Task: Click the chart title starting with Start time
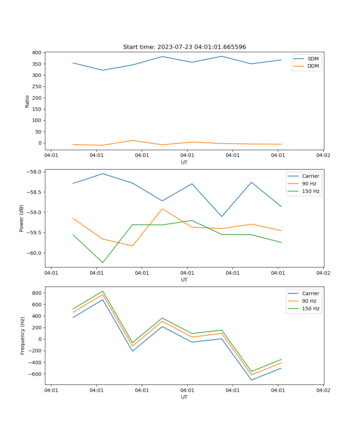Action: [x=184, y=47]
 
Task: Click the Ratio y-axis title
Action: [x=27, y=101]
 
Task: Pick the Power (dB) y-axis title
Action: [x=22, y=218]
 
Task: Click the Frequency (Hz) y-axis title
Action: [x=23, y=336]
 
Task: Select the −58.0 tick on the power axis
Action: [x=35, y=172]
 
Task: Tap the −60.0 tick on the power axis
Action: [x=35, y=253]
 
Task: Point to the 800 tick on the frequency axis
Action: [x=37, y=293]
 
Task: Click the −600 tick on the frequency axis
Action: [x=36, y=374]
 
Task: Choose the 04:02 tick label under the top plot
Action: [x=323, y=156]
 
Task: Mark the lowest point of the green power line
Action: [x=103, y=262]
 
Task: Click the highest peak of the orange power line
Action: [x=162, y=209]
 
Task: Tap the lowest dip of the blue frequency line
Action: [x=251, y=380]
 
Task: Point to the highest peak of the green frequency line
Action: [x=103, y=291]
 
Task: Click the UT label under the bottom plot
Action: [x=184, y=397]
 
